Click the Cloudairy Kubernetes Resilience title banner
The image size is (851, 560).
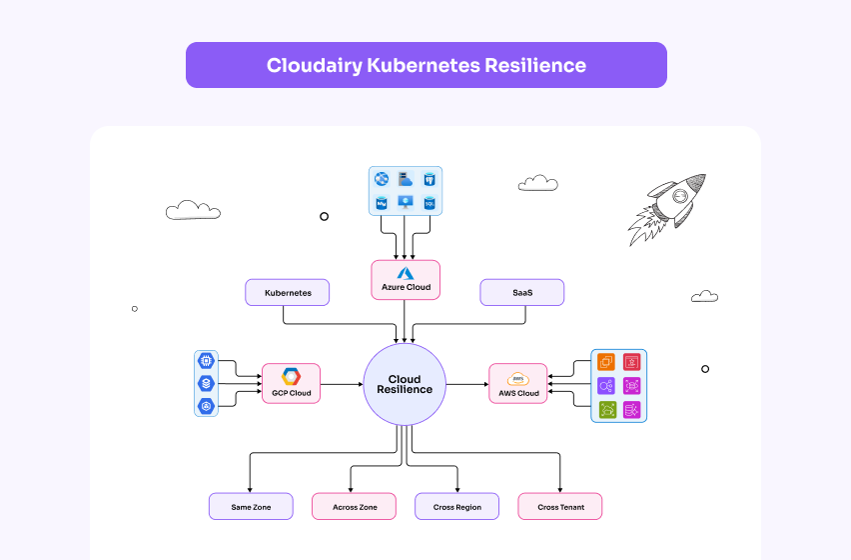[425, 65]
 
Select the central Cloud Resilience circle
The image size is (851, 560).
[405, 384]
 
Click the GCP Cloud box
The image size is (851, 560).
[291, 383]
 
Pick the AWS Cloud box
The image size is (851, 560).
[518, 383]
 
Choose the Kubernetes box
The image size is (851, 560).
[288, 293]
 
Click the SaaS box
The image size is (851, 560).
[521, 293]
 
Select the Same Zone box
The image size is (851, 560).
[251, 507]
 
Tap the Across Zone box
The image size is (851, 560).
[354, 507]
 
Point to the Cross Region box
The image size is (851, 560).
[456, 507]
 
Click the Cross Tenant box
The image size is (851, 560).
[560, 507]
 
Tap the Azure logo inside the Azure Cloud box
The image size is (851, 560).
[406, 273]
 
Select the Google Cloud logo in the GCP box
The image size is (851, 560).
[291, 376]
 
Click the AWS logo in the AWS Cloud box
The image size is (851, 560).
[518, 378]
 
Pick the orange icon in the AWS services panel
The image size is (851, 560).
[606, 362]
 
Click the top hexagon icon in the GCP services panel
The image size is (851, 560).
[207, 361]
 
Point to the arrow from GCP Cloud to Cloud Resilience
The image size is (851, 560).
[342, 384]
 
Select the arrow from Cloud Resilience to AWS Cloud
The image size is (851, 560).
[466, 384]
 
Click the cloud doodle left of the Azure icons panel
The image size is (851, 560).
[193, 210]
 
